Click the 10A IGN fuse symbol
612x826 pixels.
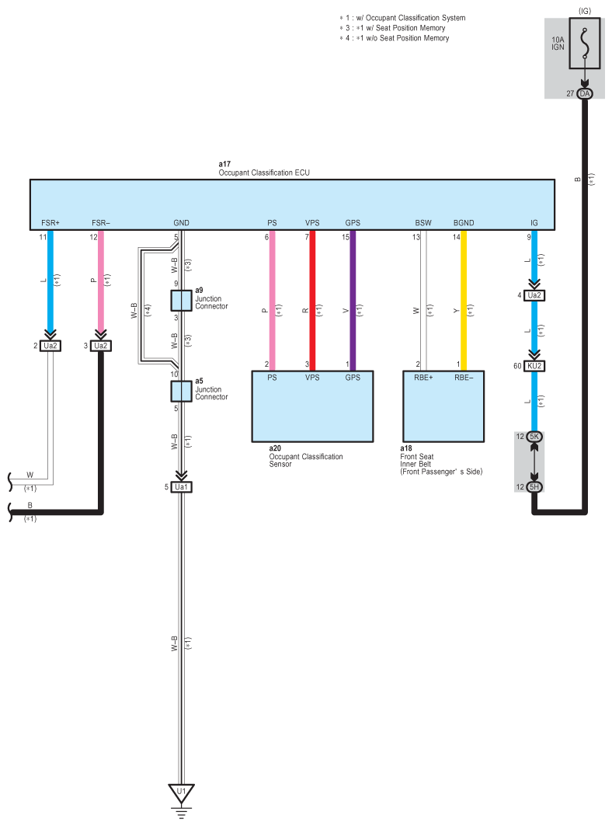(585, 44)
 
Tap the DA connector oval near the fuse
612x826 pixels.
(585, 94)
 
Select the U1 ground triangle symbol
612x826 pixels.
(181, 793)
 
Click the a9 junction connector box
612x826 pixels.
(181, 300)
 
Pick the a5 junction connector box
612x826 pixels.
(181, 392)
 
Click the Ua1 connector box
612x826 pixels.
(181, 487)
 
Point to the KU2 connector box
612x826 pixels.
(534, 366)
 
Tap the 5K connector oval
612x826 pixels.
(534, 437)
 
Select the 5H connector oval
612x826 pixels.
(534, 486)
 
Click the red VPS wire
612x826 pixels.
(312, 301)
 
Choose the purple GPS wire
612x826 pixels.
(353, 301)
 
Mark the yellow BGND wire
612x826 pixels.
(464, 301)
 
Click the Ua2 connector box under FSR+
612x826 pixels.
(50, 346)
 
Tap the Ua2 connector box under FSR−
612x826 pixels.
(101, 346)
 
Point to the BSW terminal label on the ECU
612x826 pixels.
(423, 223)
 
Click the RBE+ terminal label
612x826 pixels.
(423, 378)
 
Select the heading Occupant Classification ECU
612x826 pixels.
(264, 173)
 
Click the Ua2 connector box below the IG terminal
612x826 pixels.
(534, 295)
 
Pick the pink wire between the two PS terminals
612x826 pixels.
(273, 301)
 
